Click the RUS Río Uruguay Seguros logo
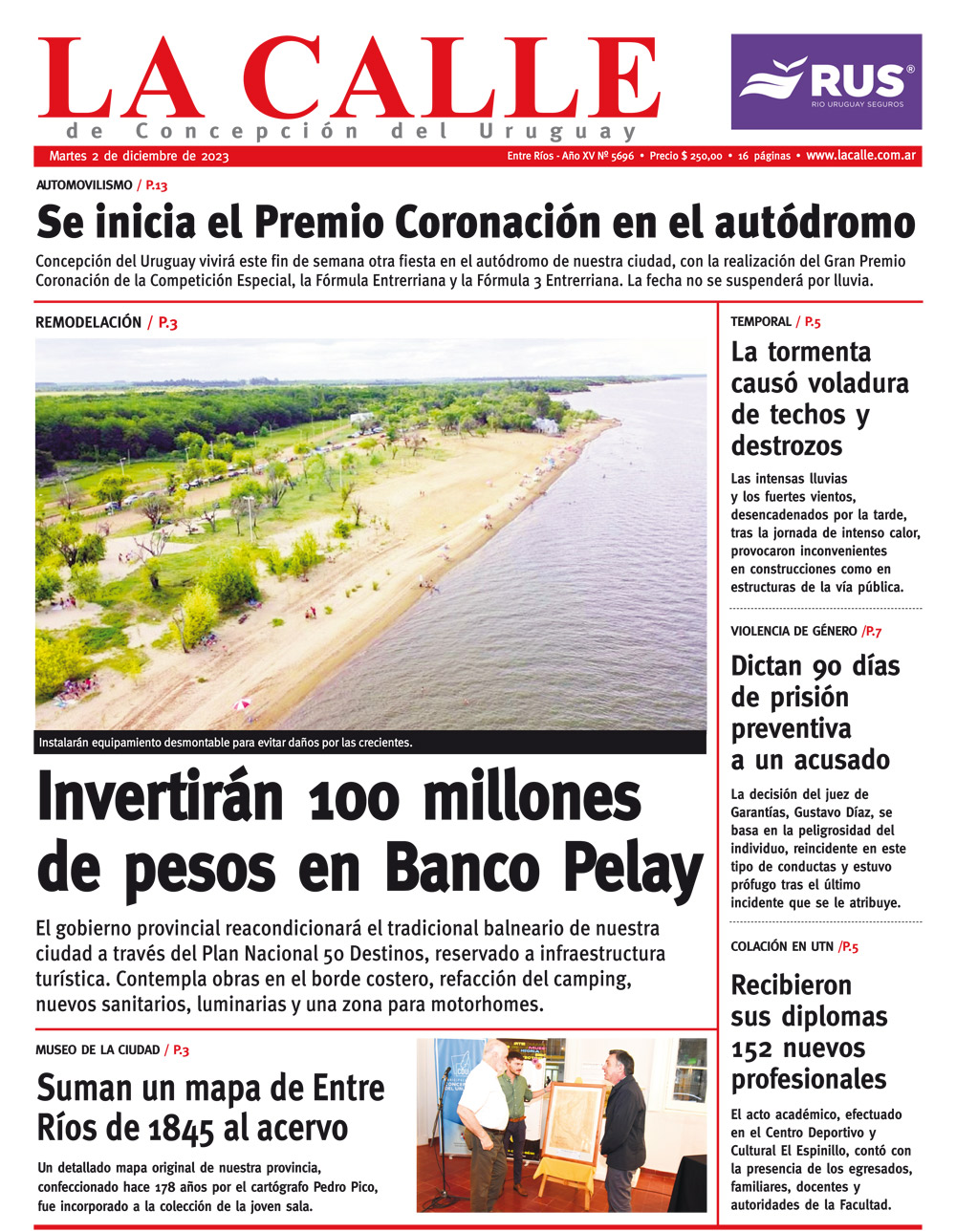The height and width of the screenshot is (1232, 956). [826, 81]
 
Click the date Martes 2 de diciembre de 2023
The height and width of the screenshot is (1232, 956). [139, 157]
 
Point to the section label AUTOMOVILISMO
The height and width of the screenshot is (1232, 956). [84, 185]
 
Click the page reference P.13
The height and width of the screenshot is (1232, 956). [156, 185]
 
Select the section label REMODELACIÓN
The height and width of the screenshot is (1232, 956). [88, 323]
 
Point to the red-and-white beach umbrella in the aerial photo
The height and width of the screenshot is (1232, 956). [243, 705]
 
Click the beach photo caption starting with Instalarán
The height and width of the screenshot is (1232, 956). [226, 742]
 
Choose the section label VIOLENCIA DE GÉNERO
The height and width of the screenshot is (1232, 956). [793, 631]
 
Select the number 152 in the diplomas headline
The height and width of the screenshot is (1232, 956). [758, 1048]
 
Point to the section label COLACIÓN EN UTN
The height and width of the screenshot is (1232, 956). [781, 947]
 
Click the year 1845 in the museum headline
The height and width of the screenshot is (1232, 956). [182, 1130]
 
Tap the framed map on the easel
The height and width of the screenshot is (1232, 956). [576, 1124]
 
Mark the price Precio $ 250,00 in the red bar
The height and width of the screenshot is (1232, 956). [685, 156]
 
